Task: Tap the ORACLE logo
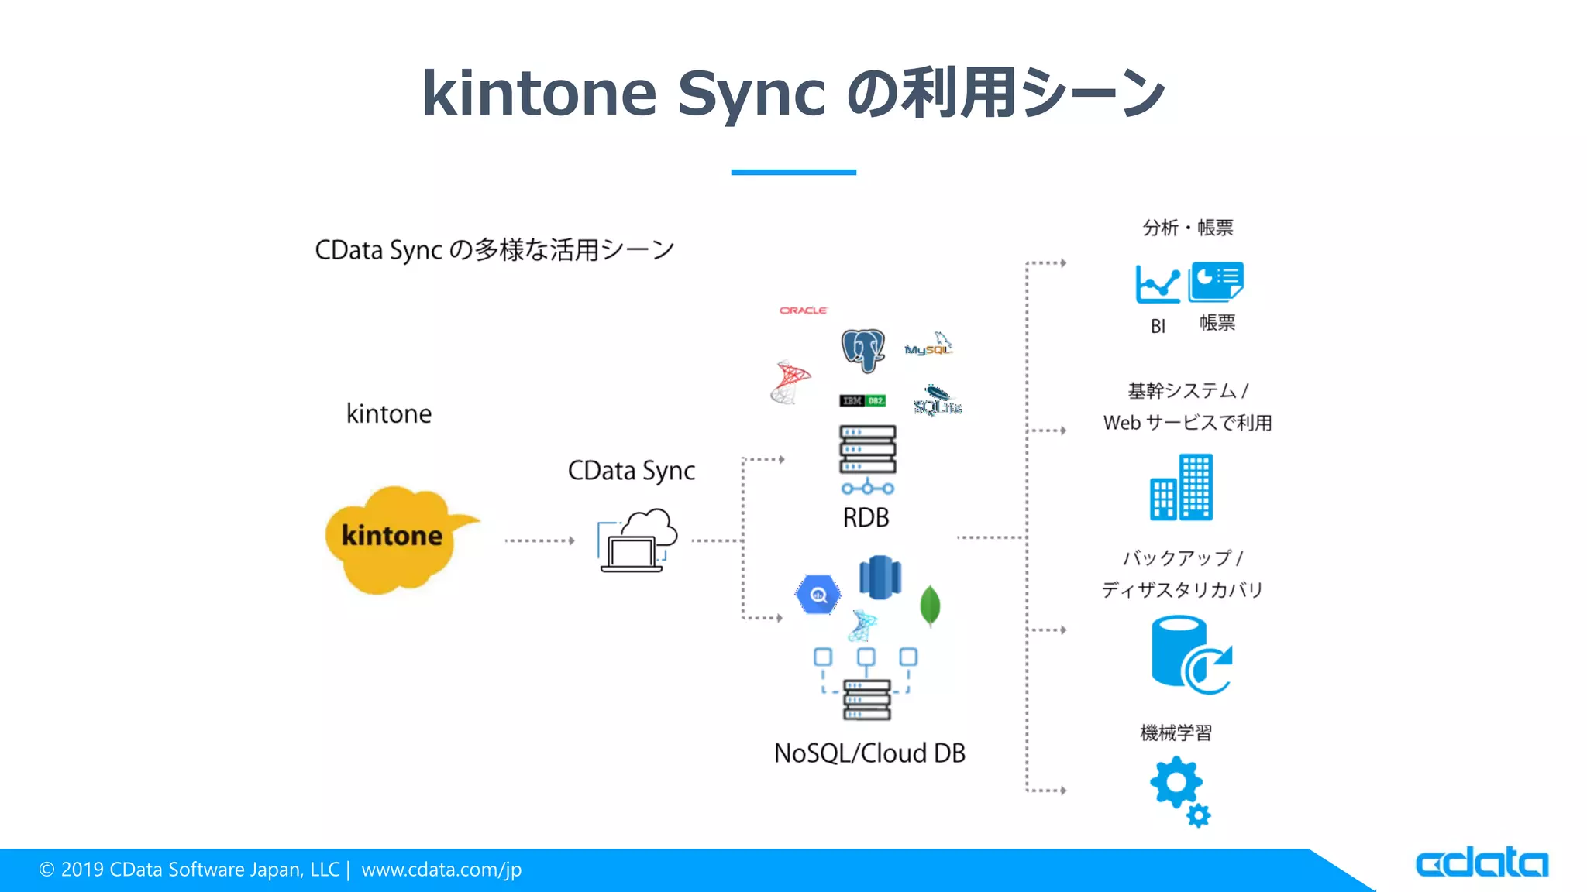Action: click(803, 310)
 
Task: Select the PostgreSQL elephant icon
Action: click(863, 349)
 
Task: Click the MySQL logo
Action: click(928, 347)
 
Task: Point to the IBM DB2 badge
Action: click(862, 400)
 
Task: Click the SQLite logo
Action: click(937, 402)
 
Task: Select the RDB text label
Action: click(866, 517)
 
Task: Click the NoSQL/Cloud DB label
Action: click(869, 753)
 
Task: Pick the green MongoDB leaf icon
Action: click(930, 606)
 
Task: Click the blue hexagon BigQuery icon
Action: click(818, 595)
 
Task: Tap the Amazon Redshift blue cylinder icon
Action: click(880, 578)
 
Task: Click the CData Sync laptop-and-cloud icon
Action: click(638, 541)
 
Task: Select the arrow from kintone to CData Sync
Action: click(539, 540)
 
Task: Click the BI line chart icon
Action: click(1157, 284)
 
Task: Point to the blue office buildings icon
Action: click(1181, 488)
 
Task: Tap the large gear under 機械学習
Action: click(1176, 783)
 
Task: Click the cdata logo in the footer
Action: click(1481, 863)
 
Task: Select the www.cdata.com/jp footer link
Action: click(441, 870)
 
